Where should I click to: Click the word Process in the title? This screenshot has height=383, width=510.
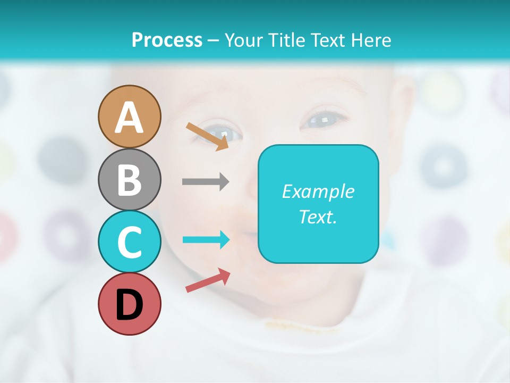(167, 40)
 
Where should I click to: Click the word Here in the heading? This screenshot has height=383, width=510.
(371, 40)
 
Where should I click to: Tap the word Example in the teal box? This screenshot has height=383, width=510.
(318, 191)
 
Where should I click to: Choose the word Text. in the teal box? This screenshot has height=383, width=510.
(318, 217)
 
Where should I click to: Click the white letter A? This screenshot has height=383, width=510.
(129, 118)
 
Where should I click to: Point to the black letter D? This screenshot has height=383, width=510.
(129, 305)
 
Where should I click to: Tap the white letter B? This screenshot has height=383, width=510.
(129, 180)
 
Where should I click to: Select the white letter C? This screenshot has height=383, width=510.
(129, 242)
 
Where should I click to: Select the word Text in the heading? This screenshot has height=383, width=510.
(328, 40)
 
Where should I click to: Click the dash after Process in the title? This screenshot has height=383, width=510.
(213, 40)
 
